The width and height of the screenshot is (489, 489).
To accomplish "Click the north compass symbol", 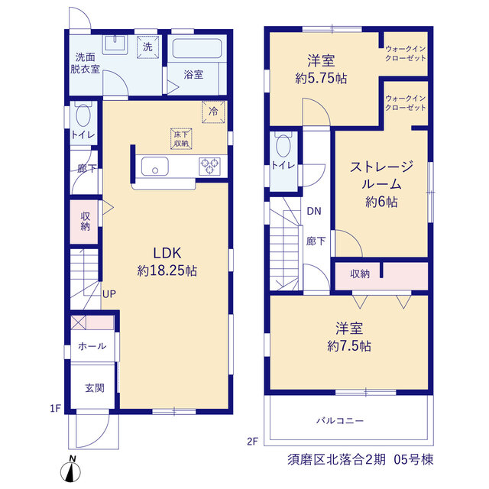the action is coord(70,469).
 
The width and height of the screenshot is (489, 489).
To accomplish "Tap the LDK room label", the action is coord(167,253).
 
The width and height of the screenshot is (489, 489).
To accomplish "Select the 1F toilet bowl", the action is coord(83,114).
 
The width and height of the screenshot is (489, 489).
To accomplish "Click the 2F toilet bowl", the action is coord(283,144).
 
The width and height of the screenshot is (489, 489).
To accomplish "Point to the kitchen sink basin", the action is coord(155,167).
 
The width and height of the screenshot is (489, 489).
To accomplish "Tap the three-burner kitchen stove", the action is coord(209,167).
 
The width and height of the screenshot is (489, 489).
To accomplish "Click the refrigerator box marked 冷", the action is coord(213,112).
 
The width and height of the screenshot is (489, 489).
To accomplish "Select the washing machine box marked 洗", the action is coord(147,47).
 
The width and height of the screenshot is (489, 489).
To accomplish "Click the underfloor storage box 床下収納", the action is coord(181,139).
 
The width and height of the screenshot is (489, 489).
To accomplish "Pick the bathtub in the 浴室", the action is coord(197,49).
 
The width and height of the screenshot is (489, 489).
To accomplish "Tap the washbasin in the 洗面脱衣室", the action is coord(115,44).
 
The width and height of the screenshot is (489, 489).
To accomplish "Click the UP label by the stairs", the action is coord(109,293).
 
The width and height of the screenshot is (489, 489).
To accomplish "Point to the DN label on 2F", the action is coord(314,211).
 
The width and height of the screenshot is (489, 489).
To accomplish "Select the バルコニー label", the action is coord(340,421).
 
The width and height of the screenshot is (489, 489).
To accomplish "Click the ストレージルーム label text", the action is coord(381,175).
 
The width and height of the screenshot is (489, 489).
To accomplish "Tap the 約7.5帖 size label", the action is coord(349,346).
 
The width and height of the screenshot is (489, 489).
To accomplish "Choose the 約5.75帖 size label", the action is coord(321,78).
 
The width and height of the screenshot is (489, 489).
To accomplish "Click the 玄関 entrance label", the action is coord(95,388).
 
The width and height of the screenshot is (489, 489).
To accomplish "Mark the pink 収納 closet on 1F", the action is coord(84,222).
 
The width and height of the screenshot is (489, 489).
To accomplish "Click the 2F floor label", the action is coord(252,442).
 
